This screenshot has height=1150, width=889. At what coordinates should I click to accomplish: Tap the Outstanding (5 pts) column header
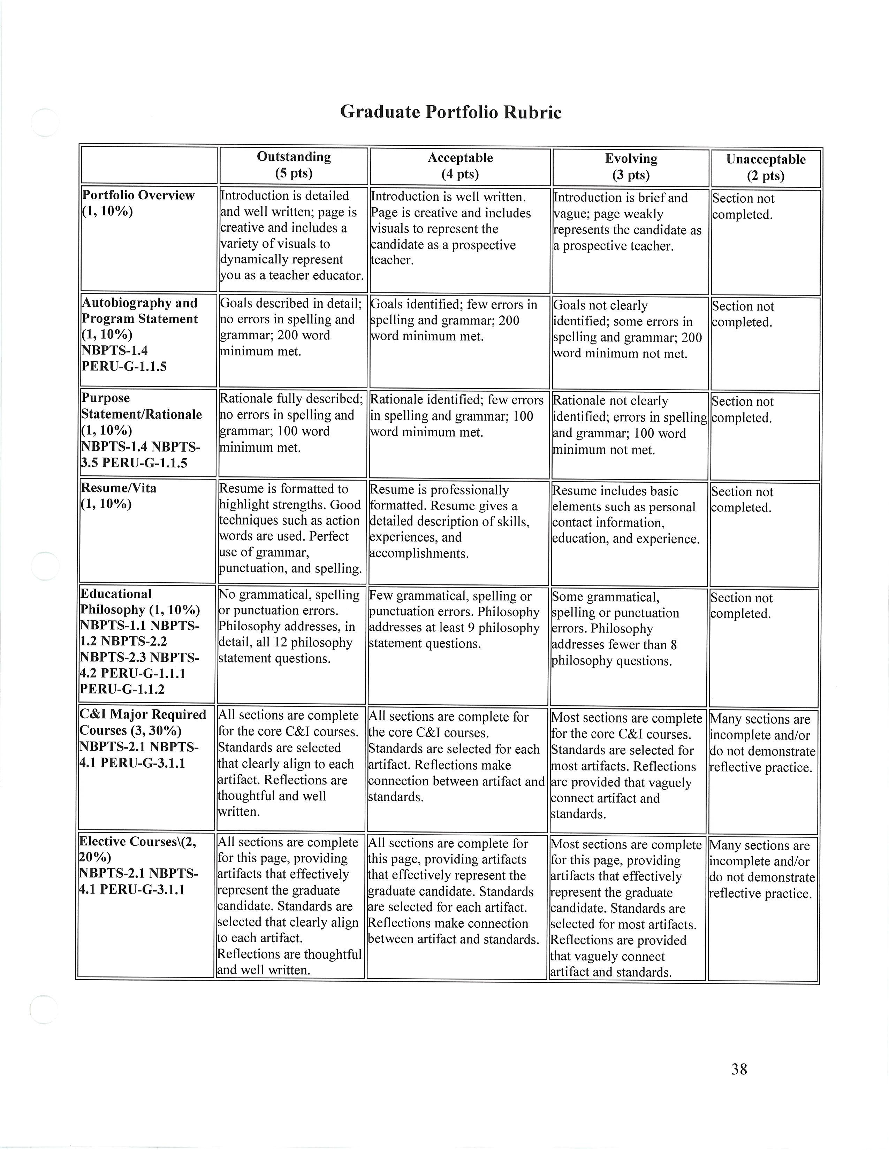coord(293,165)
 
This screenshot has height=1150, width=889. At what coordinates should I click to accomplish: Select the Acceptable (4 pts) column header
coord(460,166)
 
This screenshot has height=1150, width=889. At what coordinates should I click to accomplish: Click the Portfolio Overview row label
coord(138,203)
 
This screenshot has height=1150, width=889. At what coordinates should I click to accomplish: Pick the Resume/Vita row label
coord(119,496)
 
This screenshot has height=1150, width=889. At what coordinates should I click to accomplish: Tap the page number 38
coord(739,1069)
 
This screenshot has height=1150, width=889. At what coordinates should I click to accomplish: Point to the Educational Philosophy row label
coord(139,641)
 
